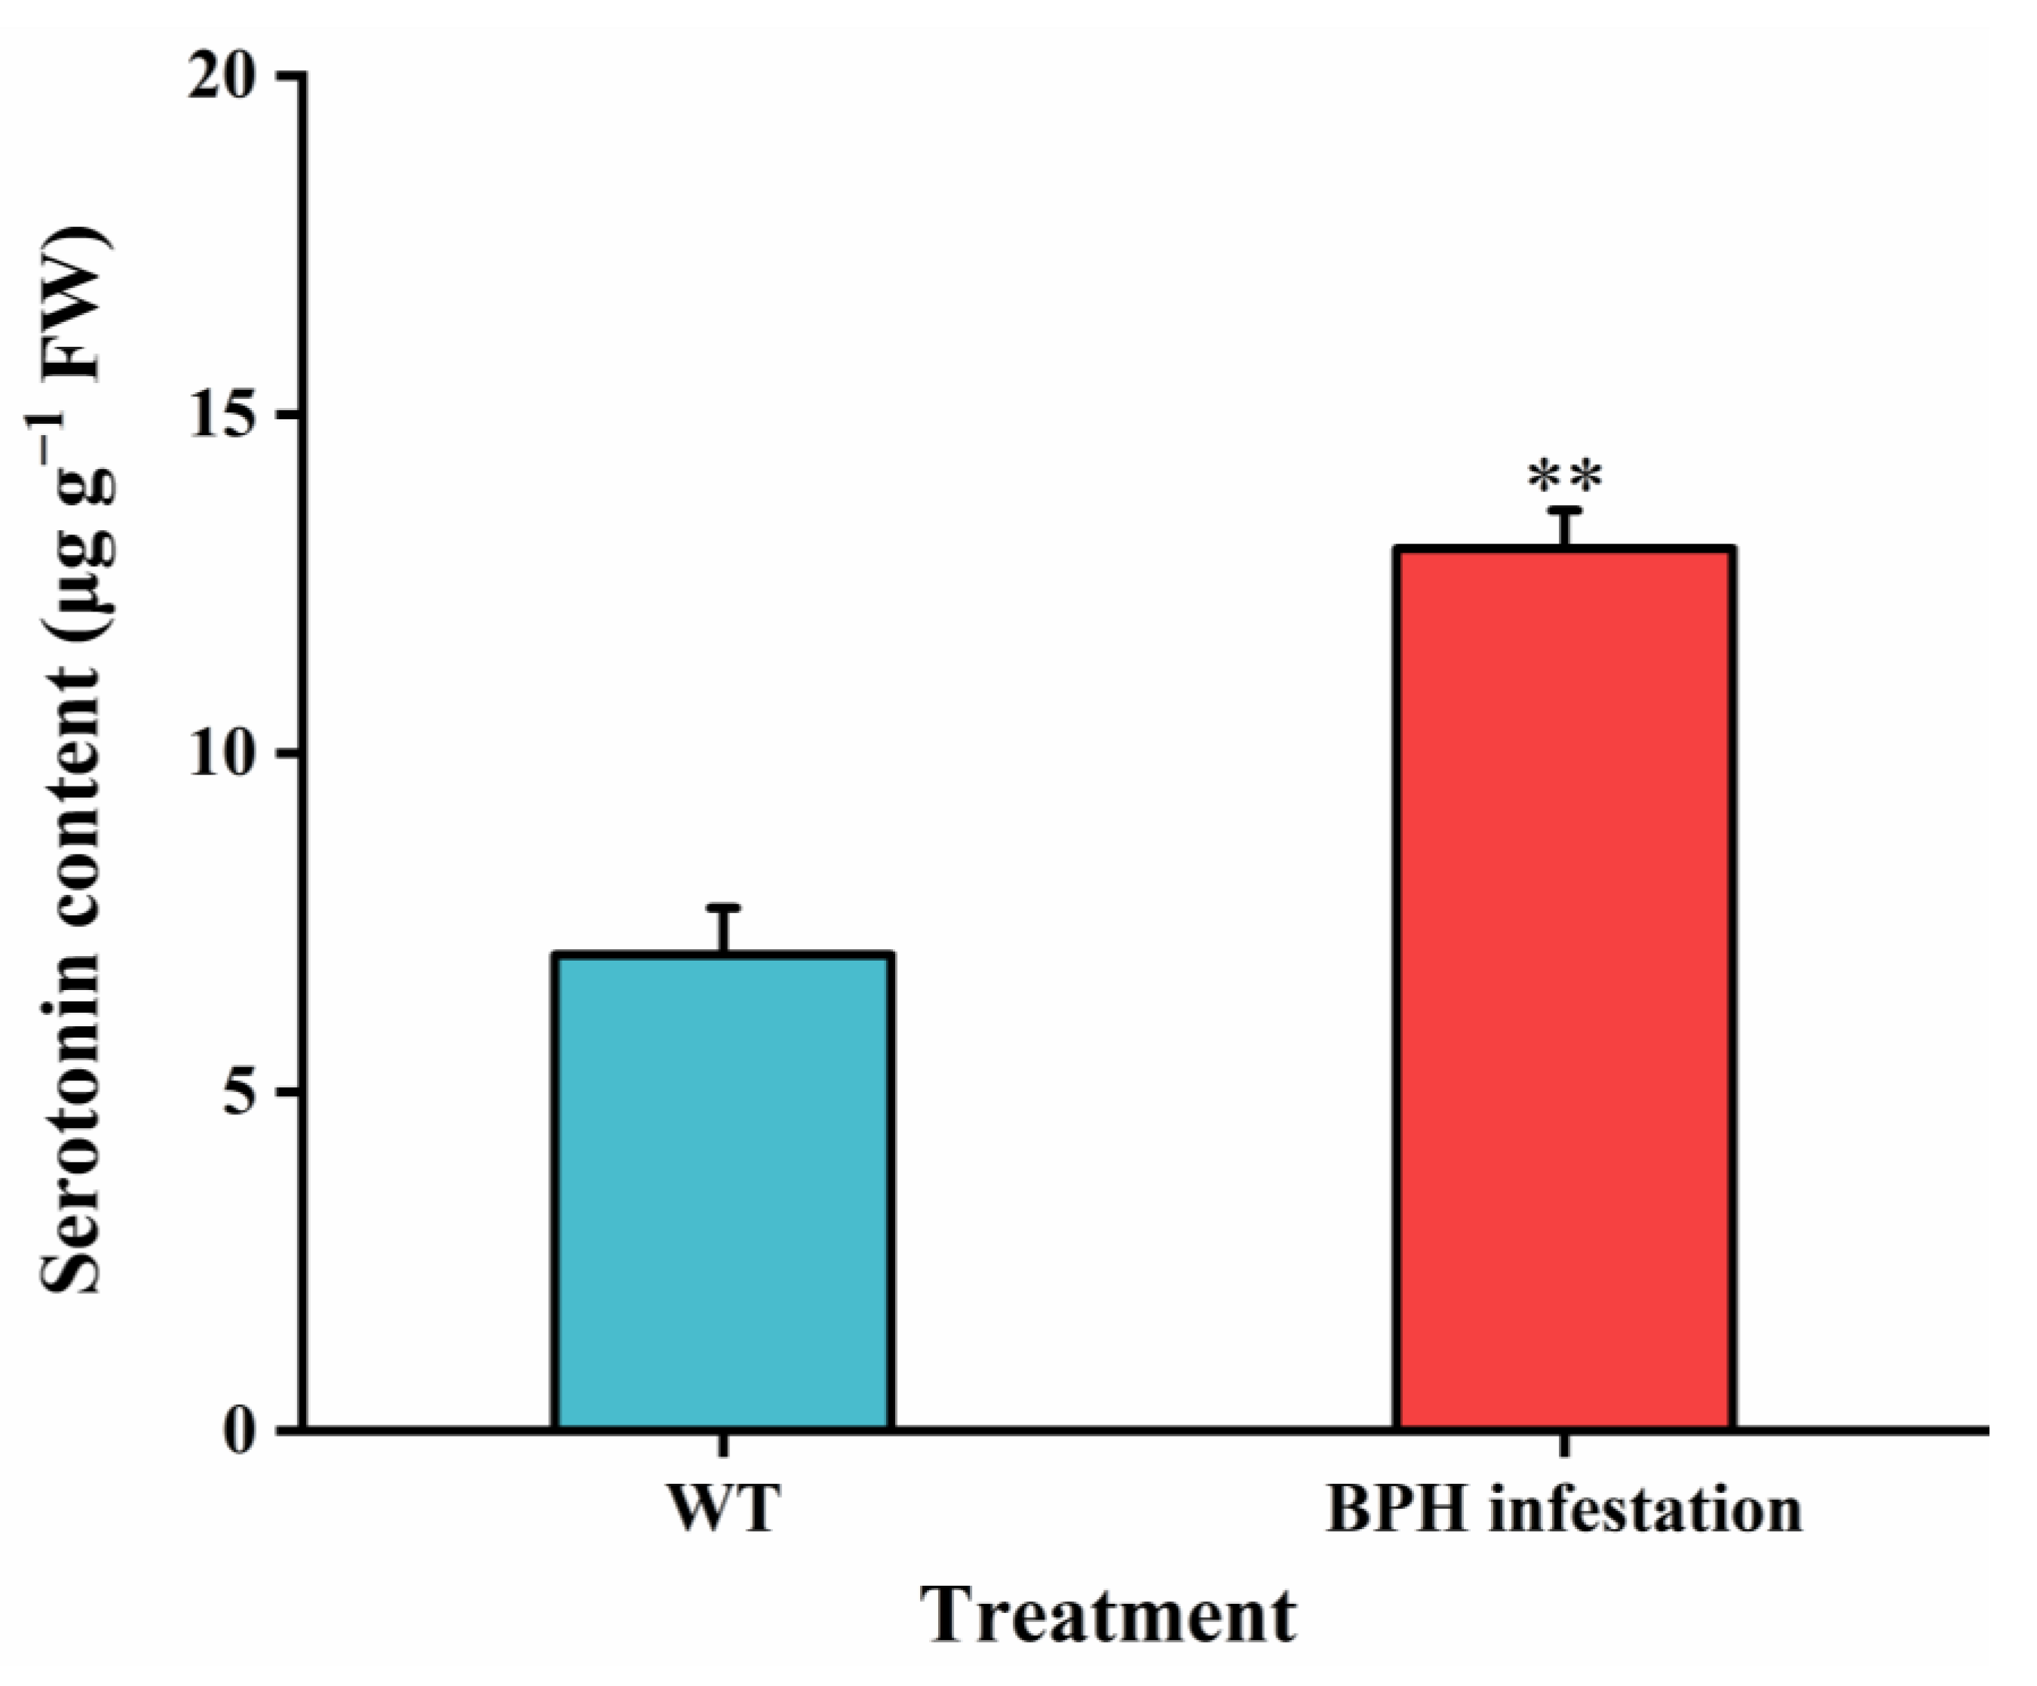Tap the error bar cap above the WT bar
tap(722, 908)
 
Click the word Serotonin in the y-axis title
tap(72, 1135)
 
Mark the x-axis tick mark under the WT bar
tap(722, 1445)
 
